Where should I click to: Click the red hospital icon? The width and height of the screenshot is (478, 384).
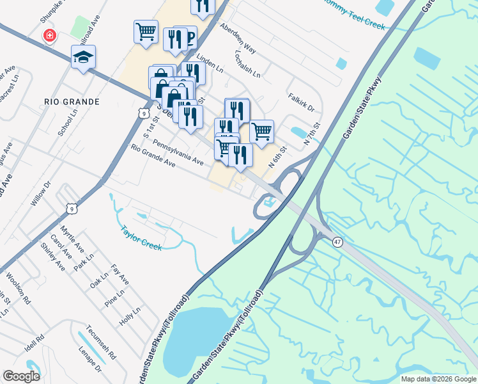tap(49, 36)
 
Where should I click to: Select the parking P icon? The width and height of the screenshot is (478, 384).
tap(189, 37)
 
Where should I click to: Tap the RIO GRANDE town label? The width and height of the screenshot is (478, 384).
tap(72, 102)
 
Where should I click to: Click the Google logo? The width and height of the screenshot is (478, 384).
tap(21, 376)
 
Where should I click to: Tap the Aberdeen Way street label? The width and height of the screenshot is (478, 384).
tap(237, 40)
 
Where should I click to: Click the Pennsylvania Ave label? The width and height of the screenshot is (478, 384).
tap(178, 154)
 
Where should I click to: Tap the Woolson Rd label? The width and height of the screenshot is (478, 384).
tap(18, 289)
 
